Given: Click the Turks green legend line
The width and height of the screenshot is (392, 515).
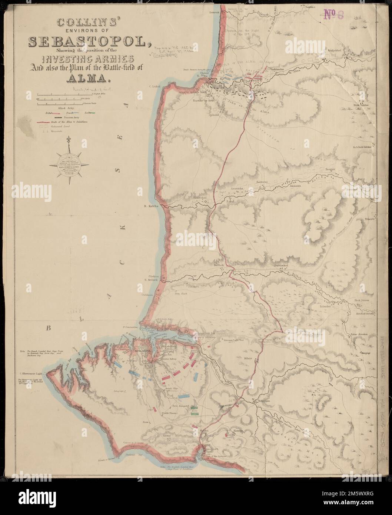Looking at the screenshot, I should [x=90, y=112].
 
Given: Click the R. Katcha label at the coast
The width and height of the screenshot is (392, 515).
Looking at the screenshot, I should [x=152, y=206].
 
